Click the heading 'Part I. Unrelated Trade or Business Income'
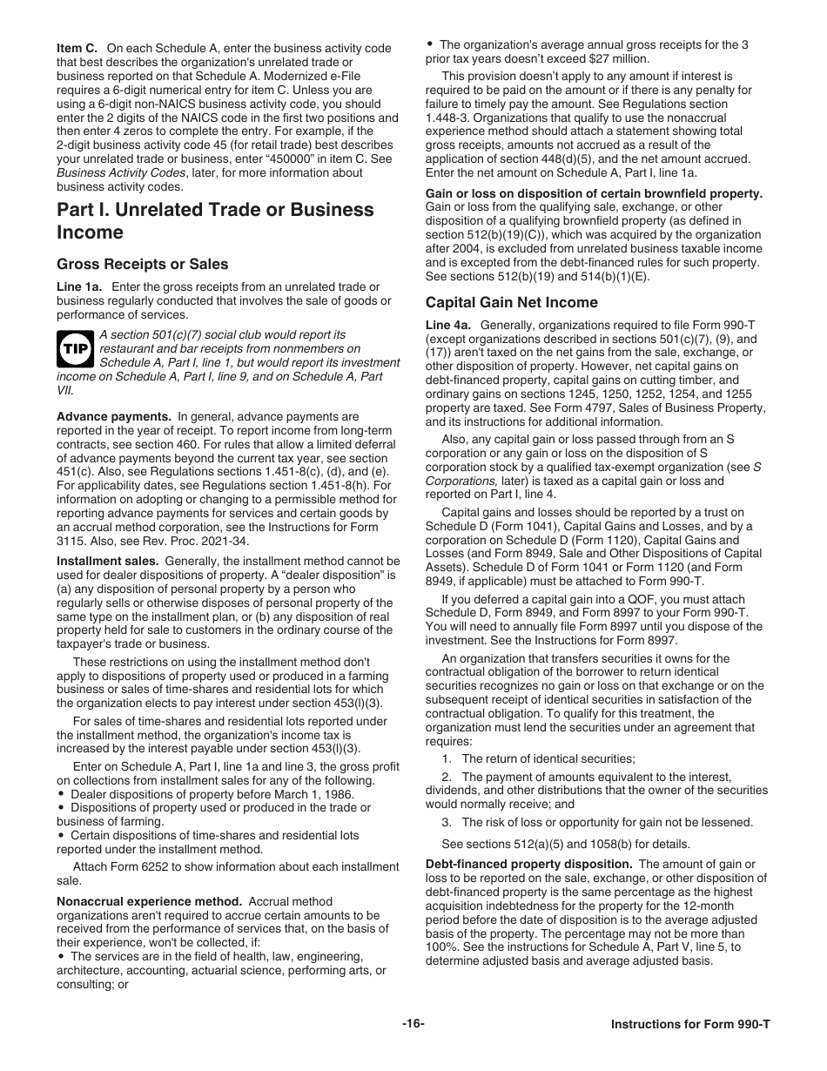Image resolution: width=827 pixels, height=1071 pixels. (x=215, y=221)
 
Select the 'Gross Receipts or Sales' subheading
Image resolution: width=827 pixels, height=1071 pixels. (x=142, y=265)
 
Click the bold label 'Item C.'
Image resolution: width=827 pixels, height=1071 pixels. (x=77, y=49)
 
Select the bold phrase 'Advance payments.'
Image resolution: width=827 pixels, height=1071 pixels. (x=114, y=417)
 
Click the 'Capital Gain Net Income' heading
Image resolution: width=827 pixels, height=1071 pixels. (x=511, y=303)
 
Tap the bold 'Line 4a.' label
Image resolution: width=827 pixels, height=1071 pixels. (x=448, y=325)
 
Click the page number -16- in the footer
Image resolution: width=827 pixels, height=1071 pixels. (x=413, y=1023)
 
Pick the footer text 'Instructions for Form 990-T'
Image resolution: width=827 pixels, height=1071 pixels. (x=690, y=1024)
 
